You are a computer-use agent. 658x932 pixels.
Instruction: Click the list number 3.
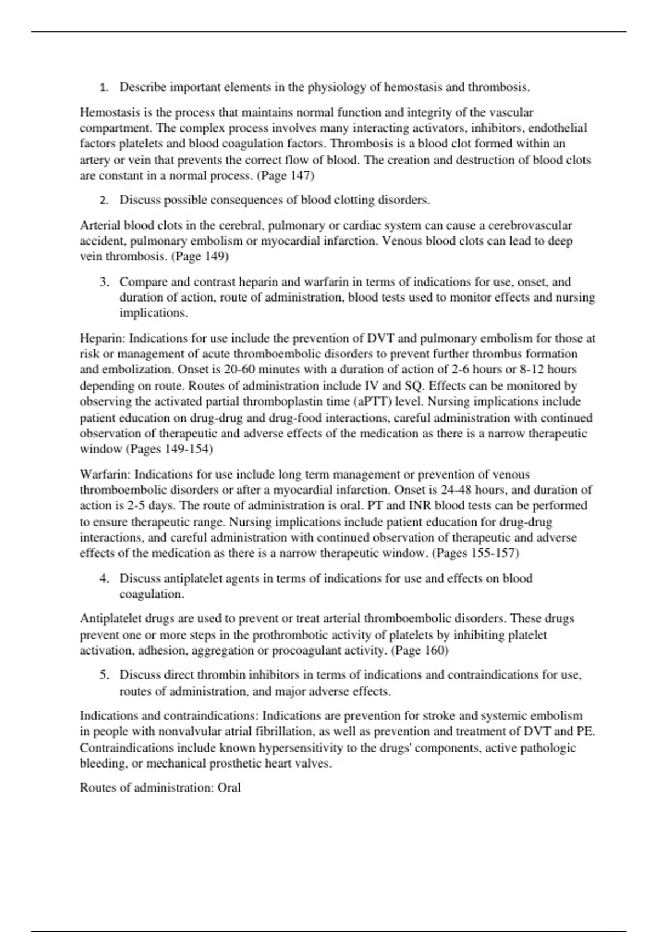click(x=104, y=282)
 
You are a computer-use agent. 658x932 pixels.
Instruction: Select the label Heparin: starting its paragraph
click(x=103, y=338)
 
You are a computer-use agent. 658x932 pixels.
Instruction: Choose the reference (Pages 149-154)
click(x=169, y=449)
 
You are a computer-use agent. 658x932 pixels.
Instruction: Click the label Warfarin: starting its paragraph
click(x=105, y=474)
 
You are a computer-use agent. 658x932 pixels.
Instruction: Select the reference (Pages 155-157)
click(x=475, y=553)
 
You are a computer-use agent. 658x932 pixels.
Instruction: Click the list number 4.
click(x=104, y=578)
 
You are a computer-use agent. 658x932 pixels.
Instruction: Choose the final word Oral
click(x=229, y=788)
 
